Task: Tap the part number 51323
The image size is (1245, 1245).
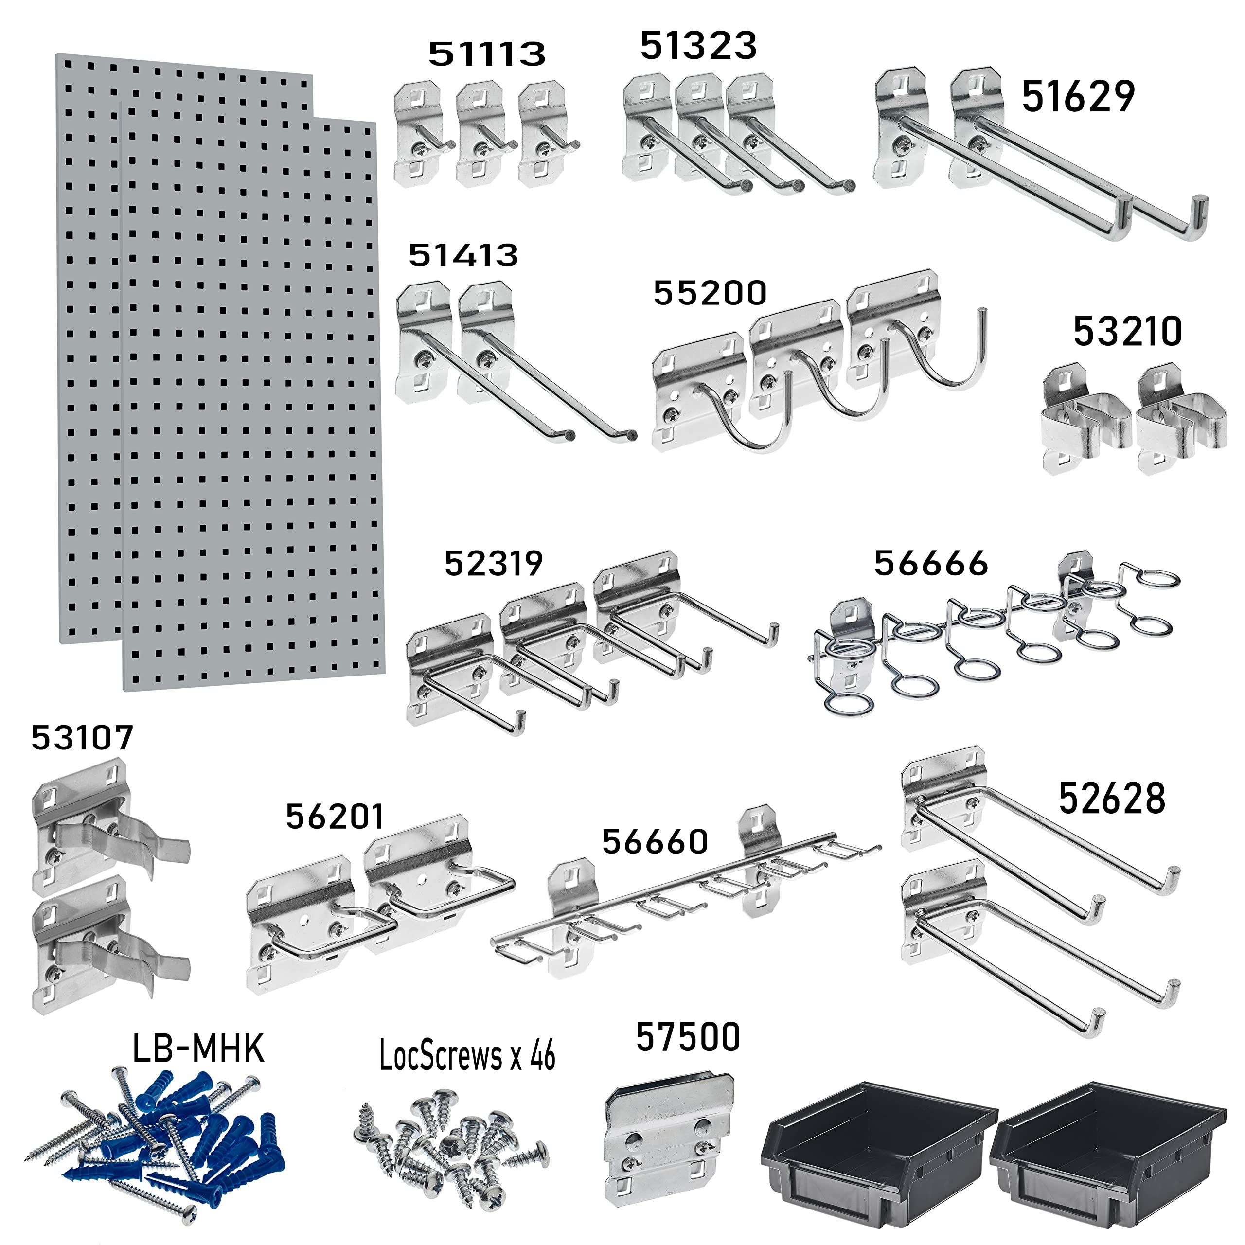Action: point(698,46)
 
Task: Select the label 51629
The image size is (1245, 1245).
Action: point(1078,97)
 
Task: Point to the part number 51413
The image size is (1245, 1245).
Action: point(463,255)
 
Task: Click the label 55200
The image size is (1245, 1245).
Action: point(710,293)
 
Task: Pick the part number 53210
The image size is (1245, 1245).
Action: point(1127,332)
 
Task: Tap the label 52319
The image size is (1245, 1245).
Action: point(494,564)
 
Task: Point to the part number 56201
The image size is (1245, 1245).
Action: point(335,817)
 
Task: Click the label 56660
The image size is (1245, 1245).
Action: point(655,842)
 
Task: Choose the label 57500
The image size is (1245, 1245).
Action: point(688,1037)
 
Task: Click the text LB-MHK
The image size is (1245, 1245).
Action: point(198,1049)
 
